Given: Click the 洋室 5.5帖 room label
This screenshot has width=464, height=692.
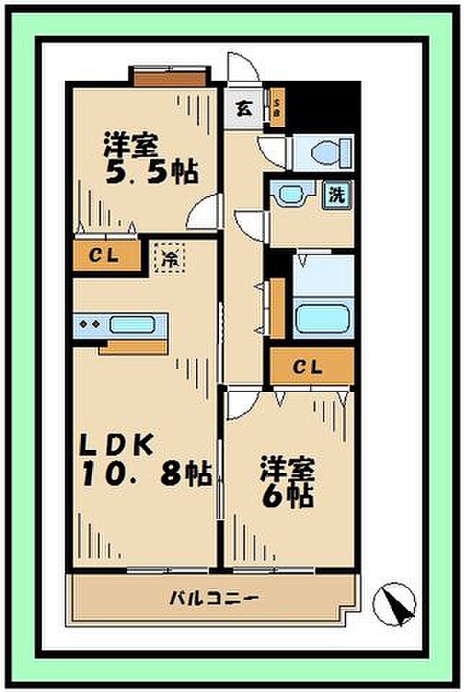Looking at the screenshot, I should point(150,160).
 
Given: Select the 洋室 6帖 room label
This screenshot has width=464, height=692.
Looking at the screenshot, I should point(287,482).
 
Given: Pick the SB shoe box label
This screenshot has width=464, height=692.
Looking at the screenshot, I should point(277,107).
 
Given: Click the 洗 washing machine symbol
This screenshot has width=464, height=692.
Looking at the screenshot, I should point(336,194).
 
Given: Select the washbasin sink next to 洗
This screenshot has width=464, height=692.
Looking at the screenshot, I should point(291,194).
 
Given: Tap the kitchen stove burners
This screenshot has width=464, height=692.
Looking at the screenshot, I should point(91,324).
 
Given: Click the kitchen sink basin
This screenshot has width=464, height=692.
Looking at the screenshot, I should point(137,324).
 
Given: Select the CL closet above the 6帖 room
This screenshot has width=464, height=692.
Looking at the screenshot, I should point(311,367).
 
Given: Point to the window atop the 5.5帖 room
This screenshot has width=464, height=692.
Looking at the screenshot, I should point(170,75).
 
